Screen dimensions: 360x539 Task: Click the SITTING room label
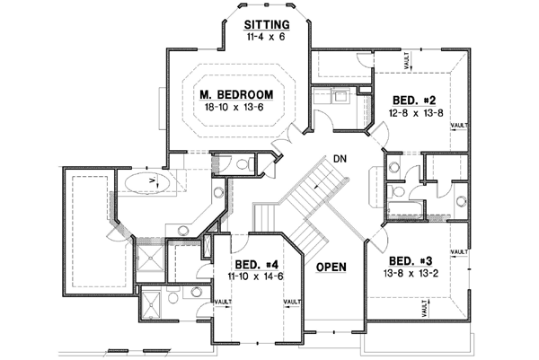point(267,24)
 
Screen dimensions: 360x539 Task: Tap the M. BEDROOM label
point(236,94)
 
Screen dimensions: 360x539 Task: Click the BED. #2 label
point(413,100)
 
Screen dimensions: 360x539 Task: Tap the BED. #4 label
point(255,265)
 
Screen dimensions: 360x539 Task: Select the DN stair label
point(340,158)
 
